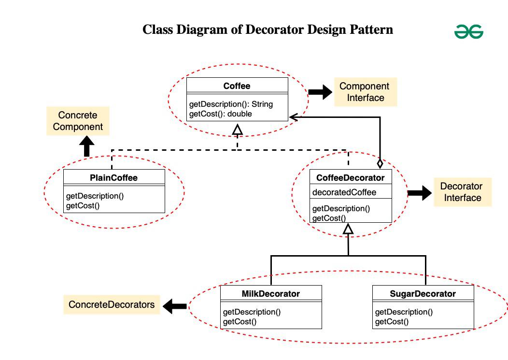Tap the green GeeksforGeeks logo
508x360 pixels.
point(468,32)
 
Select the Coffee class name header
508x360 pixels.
point(237,86)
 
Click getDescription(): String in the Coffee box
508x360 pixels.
point(231,104)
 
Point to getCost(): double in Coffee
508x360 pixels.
point(220,114)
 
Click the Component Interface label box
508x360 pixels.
point(365,92)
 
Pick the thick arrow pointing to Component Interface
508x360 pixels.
point(320,92)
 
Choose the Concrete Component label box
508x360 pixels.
point(78,121)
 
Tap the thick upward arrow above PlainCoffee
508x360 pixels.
point(87,146)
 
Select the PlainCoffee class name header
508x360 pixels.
point(114,178)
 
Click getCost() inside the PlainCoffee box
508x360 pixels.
point(83,205)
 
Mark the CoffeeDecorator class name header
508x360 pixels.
point(351,178)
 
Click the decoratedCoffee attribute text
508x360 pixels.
point(344,192)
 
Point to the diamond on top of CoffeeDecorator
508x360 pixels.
point(380,163)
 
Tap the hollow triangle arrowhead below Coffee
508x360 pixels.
point(237,129)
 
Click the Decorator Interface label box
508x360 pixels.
point(462,192)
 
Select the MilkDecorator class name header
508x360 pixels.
point(271,294)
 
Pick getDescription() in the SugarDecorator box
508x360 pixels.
point(404,312)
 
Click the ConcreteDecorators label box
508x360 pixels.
point(112,304)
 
